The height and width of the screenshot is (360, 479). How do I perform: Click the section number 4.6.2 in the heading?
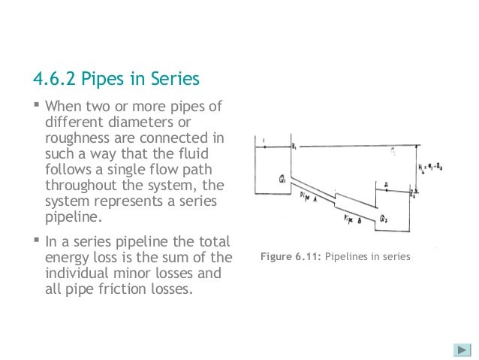53,79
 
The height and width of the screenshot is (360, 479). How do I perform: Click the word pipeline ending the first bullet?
72,216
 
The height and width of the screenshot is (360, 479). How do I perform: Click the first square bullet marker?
37,105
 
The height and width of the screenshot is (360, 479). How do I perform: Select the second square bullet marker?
37,241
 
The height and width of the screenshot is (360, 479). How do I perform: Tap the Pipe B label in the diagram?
353,219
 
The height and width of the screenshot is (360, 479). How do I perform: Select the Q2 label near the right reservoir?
384,219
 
